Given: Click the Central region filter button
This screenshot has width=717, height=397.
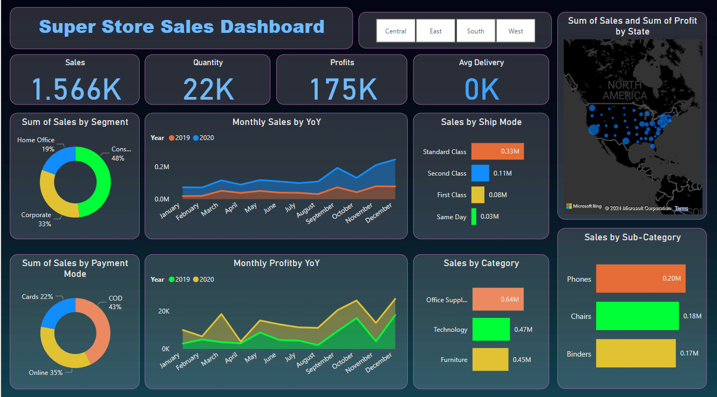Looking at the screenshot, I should [x=395, y=31].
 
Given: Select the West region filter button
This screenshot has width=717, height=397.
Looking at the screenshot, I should [x=515, y=31].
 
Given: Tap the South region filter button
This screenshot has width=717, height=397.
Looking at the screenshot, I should [x=475, y=31].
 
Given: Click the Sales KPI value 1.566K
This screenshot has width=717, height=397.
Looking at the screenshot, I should [x=76, y=89].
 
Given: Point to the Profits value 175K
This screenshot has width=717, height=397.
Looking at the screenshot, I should [x=343, y=89].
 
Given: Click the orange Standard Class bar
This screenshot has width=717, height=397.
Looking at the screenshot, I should [x=497, y=151].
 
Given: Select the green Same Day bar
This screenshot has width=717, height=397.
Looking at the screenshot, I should [x=474, y=217].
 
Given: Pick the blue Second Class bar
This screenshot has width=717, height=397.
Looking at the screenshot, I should [x=480, y=173].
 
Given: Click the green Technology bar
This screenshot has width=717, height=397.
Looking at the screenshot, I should [x=491, y=329].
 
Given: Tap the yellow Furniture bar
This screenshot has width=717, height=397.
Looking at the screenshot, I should [x=490, y=359].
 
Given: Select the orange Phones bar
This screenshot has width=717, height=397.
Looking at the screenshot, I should [x=640, y=278].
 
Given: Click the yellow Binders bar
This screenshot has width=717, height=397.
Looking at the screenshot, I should [x=636, y=353].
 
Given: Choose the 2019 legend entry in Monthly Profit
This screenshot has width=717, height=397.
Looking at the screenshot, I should [x=179, y=280].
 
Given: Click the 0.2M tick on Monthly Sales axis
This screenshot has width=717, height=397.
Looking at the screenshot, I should [x=162, y=167].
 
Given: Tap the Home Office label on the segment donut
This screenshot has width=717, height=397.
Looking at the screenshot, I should [x=36, y=140].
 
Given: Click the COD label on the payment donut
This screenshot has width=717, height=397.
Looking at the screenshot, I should [x=115, y=298].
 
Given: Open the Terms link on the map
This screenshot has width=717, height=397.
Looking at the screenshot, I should [x=681, y=208].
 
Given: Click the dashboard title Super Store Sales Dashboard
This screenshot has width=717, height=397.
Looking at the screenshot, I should [x=181, y=26].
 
